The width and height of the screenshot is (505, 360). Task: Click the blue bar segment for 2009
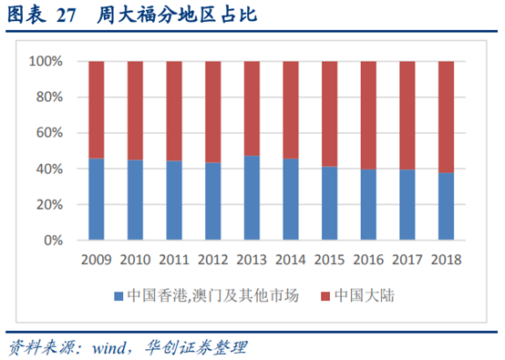click(x=96, y=200)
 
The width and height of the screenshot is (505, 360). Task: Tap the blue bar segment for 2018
click(x=447, y=207)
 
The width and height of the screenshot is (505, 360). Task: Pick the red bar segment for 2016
click(x=369, y=115)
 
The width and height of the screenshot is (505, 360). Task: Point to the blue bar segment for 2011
click(x=174, y=201)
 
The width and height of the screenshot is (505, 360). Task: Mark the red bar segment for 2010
click(x=135, y=110)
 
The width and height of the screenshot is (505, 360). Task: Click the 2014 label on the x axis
click(x=291, y=259)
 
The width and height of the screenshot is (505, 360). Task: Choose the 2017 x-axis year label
click(x=407, y=259)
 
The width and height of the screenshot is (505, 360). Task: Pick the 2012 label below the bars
click(x=212, y=259)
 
